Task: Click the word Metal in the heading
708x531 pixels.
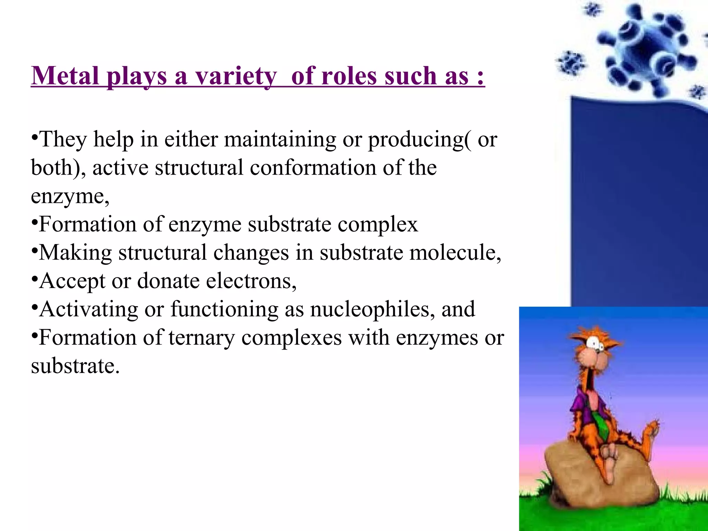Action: [65, 76]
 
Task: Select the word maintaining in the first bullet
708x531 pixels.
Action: [280, 140]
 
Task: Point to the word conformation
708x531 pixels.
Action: [313, 168]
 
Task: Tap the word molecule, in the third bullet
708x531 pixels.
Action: [455, 253]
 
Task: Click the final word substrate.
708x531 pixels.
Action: [75, 366]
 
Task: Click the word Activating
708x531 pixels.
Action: [88, 309]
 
